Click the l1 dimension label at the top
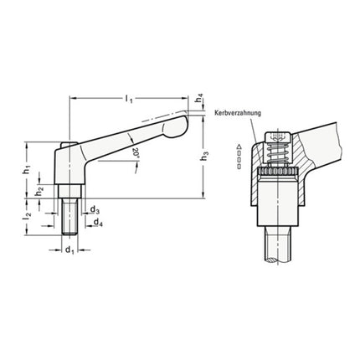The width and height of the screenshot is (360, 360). (x=128, y=100)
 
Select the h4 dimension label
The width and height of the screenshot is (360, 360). (x=198, y=99)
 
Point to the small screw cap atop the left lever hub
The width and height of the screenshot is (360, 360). (x=67, y=148)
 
